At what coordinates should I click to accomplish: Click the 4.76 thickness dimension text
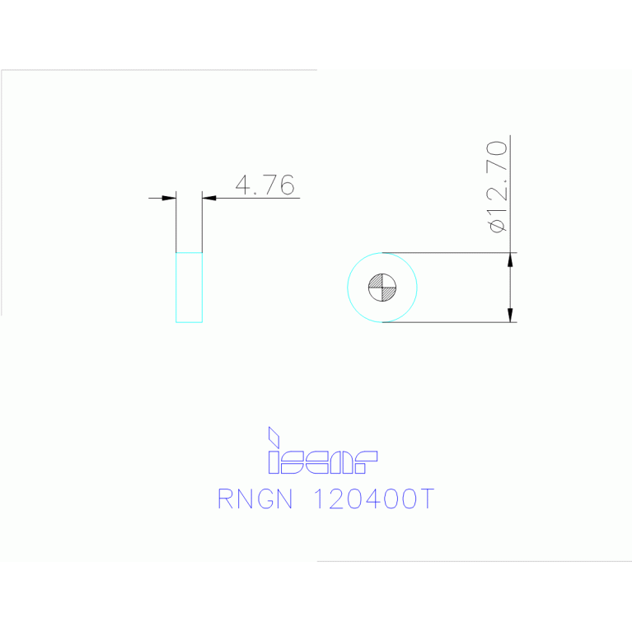[265, 185]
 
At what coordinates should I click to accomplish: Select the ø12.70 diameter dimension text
[497, 187]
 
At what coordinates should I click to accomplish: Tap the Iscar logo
[323, 450]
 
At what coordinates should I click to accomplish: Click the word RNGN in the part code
[255, 499]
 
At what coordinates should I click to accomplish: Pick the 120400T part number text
[373, 499]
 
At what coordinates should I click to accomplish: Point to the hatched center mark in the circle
[382, 288]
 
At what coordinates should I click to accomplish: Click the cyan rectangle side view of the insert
[189, 288]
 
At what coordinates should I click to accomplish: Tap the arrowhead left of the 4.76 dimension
[169, 198]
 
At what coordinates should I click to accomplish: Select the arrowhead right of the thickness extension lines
[209, 198]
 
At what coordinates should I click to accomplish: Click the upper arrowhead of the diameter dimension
[510, 260]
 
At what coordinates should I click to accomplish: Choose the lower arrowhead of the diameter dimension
[510, 316]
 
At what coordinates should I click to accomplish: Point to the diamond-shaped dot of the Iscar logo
[274, 437]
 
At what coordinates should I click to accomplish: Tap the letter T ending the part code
[427, 499]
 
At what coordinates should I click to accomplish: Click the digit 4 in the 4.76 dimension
[243, 185]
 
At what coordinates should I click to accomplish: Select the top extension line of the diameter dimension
[449, 253]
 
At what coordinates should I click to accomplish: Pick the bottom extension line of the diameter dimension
[449, 322]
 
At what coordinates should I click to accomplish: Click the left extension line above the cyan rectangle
[176, 222]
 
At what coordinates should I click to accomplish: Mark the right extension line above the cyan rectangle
[202, 222]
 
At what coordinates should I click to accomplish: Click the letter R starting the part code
[225, 499]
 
